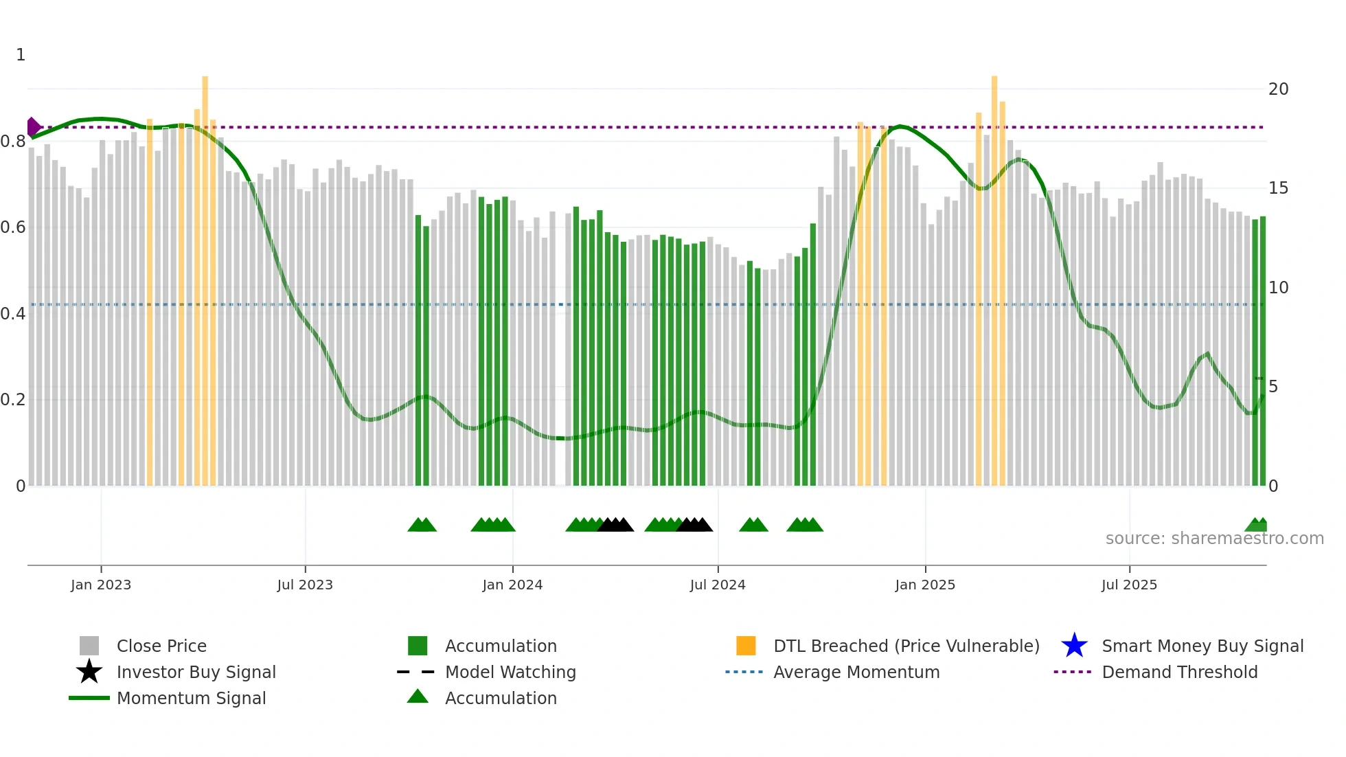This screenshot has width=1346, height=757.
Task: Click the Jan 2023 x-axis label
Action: click(100, 585)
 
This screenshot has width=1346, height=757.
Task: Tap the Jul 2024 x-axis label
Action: click(717, 585)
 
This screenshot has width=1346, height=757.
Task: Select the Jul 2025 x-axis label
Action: click(1129, 585)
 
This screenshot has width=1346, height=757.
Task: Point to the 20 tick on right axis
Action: click(1278, 89)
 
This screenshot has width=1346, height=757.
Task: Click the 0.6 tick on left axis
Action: click(13, 227)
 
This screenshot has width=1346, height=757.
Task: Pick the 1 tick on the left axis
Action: click(21, 55)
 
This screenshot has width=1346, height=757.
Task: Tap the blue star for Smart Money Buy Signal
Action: click(1074, 646)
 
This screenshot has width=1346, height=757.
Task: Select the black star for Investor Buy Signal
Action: click(89, 672)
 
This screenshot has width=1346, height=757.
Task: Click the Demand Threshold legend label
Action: click(1179, 672)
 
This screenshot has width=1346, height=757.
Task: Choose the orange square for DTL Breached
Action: click(746, 646)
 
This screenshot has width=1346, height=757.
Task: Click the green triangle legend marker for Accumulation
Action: click(418, 697)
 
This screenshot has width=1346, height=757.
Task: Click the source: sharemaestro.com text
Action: click(1214, 539)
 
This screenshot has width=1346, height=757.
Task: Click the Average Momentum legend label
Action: click(856, 672)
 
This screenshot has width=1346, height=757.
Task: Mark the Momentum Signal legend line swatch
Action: click(89, 698)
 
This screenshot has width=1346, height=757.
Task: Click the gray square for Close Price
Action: click(89, 646)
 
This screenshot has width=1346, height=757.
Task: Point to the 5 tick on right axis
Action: click(1273, 387)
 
